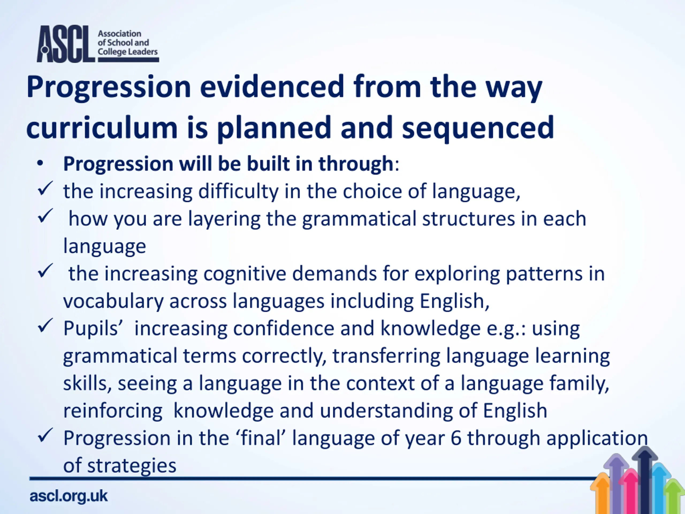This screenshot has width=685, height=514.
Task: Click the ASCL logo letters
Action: click(65, 44)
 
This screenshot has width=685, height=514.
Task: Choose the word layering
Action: click(224, 219)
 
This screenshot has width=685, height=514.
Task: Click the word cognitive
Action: click(245, 274)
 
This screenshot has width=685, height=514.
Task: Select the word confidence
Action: click(284, 328)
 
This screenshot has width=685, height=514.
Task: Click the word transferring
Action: click(386, 356)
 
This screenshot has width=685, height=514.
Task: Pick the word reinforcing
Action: click(113, 411)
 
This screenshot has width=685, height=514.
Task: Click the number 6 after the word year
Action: click(456, 438)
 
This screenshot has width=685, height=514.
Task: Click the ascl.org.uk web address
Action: click(68, 496)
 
